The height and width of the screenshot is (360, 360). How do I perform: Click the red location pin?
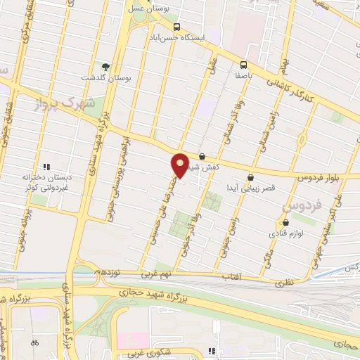[181, 165]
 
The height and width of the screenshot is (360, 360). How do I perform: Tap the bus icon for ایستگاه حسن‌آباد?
[176, 27]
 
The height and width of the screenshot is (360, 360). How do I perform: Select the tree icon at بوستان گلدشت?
[106, 67]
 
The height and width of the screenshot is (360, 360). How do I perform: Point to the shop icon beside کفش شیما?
[202, 157]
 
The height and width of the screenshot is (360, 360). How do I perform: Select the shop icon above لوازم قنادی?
[278, 223]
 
